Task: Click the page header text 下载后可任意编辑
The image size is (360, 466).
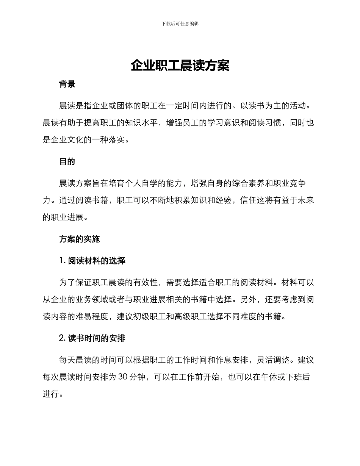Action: click(180, 23)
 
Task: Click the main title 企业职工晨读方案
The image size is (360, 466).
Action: click(180, 66)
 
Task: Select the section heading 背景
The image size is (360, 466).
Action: click(67, 84)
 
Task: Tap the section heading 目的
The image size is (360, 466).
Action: click(67, 162)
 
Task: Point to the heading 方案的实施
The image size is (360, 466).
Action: click(80, 239)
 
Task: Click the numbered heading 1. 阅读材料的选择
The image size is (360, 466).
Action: click(92, 261)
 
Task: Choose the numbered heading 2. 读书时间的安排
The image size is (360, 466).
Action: click(92, 338)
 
